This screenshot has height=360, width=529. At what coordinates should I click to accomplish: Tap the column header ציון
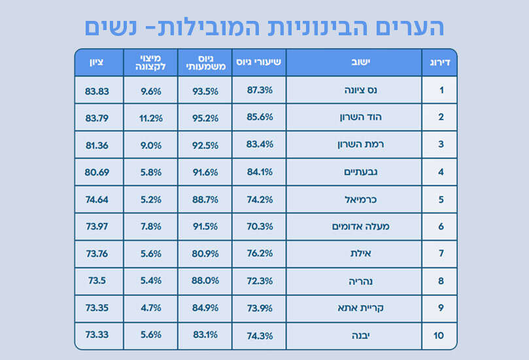[97, 62]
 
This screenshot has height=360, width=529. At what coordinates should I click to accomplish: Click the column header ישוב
[354, 62]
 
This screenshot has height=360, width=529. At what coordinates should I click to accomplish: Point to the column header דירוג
[439, 62]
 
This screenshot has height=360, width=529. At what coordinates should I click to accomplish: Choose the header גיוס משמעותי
[205, 62]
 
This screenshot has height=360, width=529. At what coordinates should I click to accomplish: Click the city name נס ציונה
[354, 90]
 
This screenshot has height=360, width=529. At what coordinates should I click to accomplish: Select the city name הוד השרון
[354, 118]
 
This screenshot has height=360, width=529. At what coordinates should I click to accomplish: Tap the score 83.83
[97, 90]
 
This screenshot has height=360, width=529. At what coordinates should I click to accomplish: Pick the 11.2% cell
[151, 118]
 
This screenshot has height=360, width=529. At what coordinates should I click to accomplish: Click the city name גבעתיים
[354, 172]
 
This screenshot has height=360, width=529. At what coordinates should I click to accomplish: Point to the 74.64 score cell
[97, 199]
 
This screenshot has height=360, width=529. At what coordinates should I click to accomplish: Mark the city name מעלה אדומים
[354, 227]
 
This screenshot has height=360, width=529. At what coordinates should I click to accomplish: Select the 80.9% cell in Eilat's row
[205, 254]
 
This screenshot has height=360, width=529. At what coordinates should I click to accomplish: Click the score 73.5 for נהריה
[97, 281]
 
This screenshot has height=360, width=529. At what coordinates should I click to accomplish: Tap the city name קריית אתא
[354, 308]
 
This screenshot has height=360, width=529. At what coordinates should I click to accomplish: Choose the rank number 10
[439, 336]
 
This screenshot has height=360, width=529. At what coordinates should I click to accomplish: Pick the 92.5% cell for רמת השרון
[205, 145]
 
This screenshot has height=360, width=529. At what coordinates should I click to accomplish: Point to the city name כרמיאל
[354, 199]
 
